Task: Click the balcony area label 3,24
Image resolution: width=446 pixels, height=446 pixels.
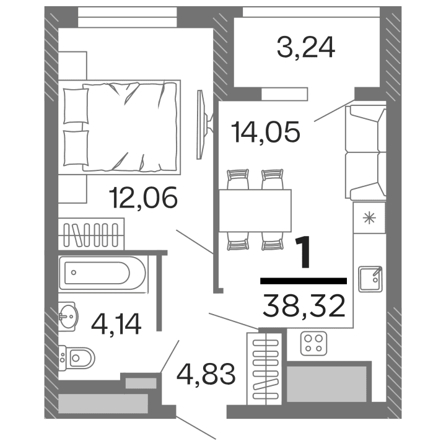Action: coord(305,47)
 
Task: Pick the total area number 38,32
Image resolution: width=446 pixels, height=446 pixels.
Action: coord(304,305)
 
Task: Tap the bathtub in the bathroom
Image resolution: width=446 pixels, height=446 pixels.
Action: coord(104,273)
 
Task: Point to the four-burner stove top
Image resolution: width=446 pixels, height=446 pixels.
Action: coord(313,343)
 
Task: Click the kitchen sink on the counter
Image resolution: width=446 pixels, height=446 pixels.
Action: coord(370,278)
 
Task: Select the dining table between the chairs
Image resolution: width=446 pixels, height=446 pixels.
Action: coord(255,209)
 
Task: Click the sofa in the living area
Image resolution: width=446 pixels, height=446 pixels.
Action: coord(366,152)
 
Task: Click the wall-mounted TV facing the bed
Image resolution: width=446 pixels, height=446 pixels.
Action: coord(200,124)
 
